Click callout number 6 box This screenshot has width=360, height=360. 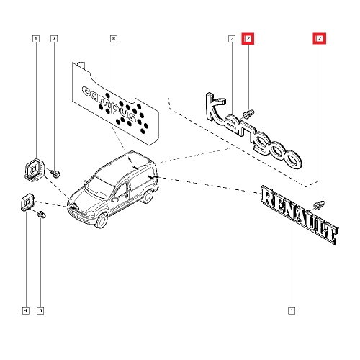[36, 39]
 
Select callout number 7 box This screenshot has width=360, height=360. [54, 39]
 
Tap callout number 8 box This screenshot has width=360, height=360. [114, 39]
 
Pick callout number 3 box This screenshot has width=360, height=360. [232, 39]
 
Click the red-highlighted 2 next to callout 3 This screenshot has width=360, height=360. [248, 38]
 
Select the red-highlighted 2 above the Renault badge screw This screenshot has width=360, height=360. [320, 38]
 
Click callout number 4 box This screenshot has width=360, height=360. [26, 311]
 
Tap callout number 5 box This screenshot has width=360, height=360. [40, 311]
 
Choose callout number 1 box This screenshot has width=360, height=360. [292, 311]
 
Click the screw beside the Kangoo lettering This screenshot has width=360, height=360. [248, 114]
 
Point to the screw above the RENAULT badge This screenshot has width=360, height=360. [320, 204]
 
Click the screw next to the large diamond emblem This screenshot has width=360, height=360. [55, 174]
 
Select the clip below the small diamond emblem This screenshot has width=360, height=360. [42, 214]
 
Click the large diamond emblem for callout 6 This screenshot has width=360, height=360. [35, 168]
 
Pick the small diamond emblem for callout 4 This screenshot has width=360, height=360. [27, 202]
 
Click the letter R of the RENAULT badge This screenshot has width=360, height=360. [269, 197]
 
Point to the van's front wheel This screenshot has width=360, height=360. [102, 221]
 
